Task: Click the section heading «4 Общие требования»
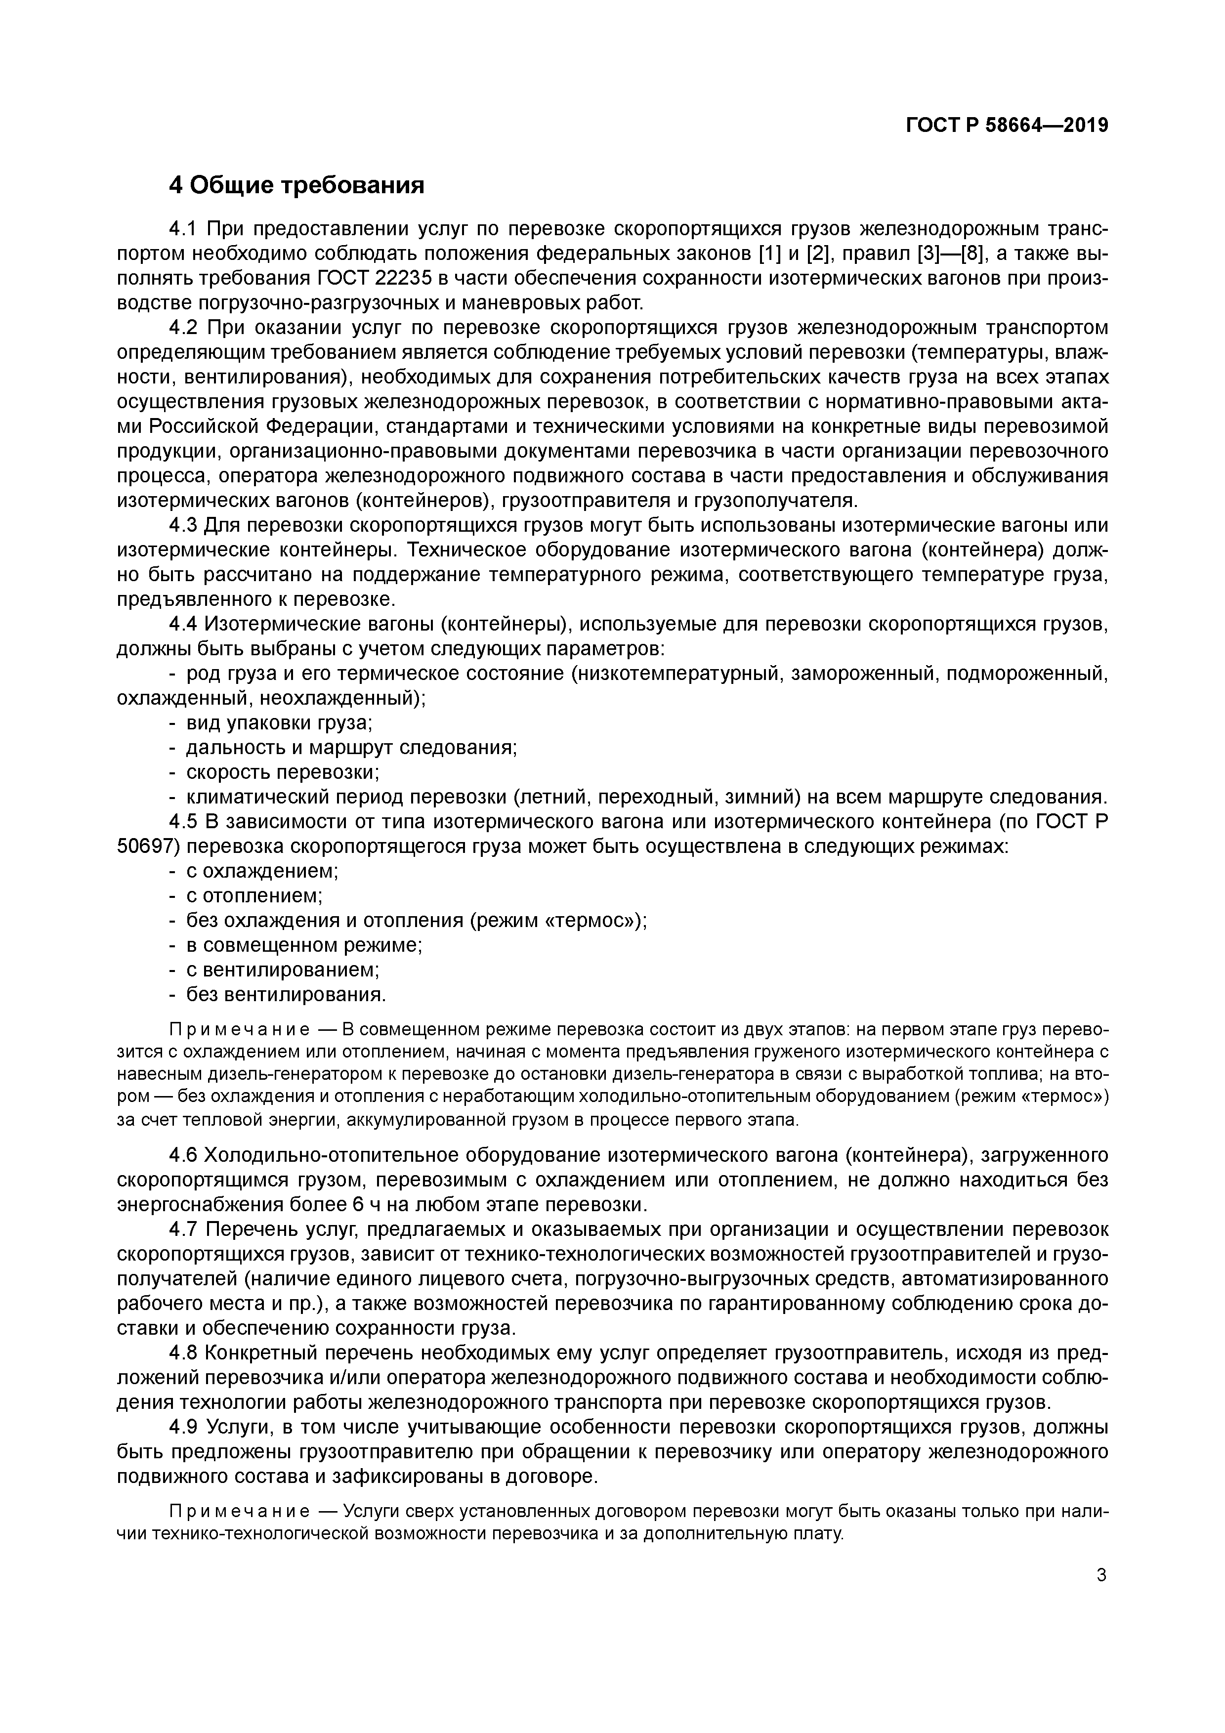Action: (x=296, y=185)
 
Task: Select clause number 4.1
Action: (x=183, y=228)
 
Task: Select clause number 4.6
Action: (x=183, y=1155)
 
